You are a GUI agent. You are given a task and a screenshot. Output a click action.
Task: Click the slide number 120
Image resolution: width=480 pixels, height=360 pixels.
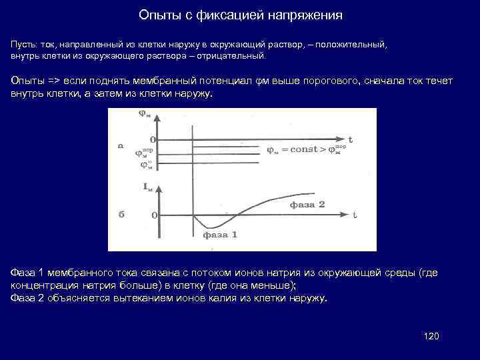(x=431, y=335)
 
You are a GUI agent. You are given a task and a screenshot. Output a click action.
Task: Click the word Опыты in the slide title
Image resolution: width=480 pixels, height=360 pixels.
(x=156, y=15)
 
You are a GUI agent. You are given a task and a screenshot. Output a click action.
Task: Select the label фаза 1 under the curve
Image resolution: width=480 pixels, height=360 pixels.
(x=219, y=235)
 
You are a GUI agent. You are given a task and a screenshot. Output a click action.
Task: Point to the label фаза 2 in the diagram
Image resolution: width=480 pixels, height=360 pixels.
(x=307, y=205)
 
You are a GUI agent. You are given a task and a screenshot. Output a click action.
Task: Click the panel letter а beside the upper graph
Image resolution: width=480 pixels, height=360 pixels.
(x=121, y=145)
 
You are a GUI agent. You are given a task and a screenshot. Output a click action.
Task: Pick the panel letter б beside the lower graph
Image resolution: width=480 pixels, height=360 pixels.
(x=121, y=215)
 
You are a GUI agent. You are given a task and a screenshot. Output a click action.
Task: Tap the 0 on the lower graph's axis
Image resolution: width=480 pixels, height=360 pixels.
(x=155, y=215)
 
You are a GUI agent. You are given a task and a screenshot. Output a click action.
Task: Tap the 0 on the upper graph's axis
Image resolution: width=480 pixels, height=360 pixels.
(x=153, y=140)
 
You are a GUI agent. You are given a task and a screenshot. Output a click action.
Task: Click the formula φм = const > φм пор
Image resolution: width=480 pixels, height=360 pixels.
(x=306, y=149)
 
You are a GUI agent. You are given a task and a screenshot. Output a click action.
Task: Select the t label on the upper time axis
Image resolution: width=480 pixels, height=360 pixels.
(x=351, y=140)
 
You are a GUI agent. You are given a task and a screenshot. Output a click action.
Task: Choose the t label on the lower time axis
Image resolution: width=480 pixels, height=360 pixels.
(x=355, y=215)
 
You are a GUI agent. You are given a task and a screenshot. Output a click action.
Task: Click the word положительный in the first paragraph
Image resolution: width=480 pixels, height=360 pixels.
(x=354, y=43)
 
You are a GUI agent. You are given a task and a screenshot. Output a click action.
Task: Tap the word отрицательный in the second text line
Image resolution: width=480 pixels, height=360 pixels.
(x=233, y=55)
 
